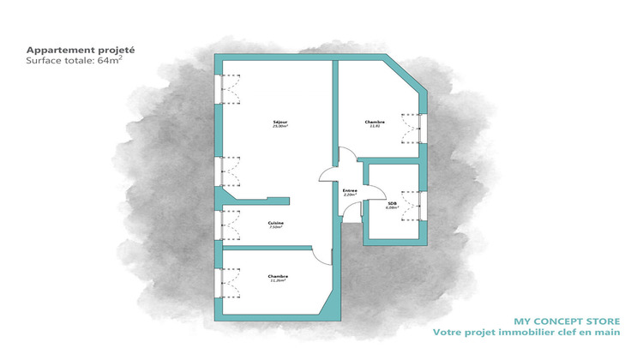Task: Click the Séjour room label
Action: (279, 122)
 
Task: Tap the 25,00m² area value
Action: (279, 127)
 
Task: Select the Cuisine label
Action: (275, 223)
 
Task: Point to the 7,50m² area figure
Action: (275, 228)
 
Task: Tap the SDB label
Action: (393, 202)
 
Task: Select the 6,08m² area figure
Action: (393, 207)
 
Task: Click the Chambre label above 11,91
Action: (375, 122)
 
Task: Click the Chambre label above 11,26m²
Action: (278, 275)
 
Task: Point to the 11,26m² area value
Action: (278, 280)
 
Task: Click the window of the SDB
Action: (422, 205)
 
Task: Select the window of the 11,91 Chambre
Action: (423, 128)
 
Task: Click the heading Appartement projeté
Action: (81, 50)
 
